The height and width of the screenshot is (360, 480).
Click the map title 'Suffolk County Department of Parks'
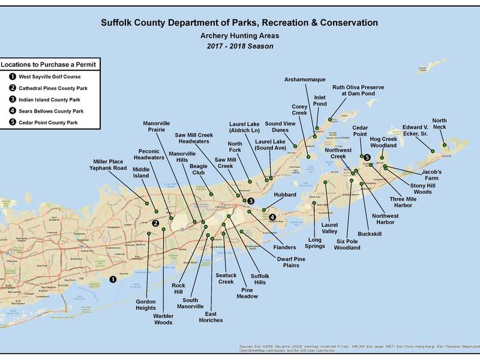pyautogui.click(x=239, y=23)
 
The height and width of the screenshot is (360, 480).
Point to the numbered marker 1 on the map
pyautogui.click(x=112, y=279)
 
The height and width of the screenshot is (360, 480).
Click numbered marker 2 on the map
pyautogui.click(x=155, y=223)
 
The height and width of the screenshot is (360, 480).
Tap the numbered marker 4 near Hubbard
pyautogui.click(x=272, y=217)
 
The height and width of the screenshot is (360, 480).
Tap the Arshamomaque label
pyautogui.click(x=310, y=79)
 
